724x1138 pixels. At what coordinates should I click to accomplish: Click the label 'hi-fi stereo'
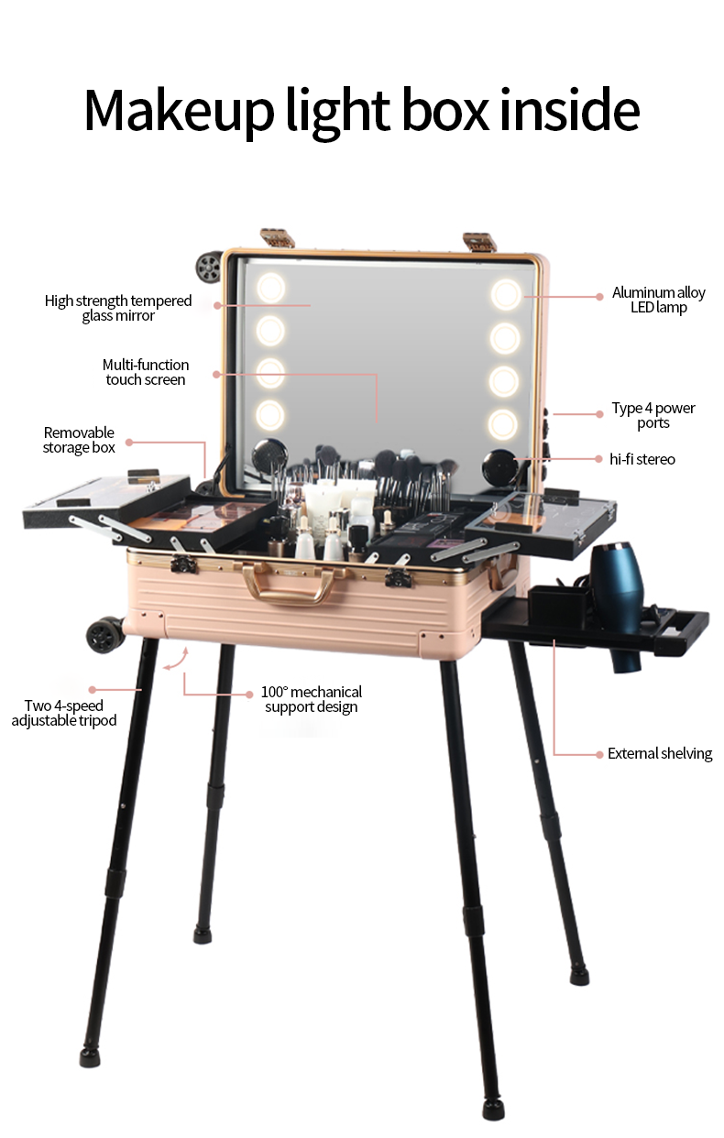(x=642, y=459)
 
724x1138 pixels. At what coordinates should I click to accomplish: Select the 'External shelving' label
(x=660, y=753)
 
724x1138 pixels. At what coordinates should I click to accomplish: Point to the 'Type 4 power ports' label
(x=653, y=416)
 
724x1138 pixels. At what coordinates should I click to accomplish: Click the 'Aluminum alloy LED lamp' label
(x=658, y=300)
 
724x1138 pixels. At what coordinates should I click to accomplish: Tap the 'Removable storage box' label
(x=79, y=440)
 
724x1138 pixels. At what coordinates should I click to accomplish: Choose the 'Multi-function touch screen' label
(x=146, y=372)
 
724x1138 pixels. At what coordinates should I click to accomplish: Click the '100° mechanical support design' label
(x=312, y=699)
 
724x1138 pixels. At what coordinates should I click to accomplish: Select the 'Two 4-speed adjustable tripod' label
(x=64, y=713)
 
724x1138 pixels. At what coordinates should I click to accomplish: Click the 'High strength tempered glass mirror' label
(x=118, y=308)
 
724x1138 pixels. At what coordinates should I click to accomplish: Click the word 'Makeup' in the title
(x=179, y=111)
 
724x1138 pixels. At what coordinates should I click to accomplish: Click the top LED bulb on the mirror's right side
(x=506, y=295)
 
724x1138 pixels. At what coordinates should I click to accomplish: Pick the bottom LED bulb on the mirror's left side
(x=269, y=414)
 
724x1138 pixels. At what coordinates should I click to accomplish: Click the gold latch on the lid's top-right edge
(x=479, y=242)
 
